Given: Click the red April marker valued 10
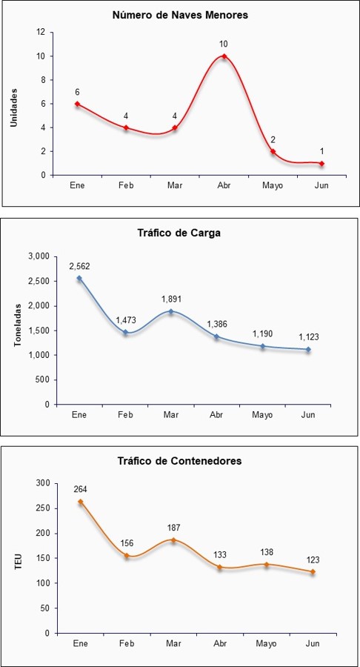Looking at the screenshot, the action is [224, 56].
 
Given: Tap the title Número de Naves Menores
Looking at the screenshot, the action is [180, 16].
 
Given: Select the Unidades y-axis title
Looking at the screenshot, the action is [14, 107].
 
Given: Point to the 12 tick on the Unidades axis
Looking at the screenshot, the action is [41, 33].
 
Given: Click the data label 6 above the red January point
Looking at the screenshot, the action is [77, 92].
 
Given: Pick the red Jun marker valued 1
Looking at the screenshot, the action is [321, 163].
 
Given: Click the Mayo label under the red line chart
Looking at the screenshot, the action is [273, 186].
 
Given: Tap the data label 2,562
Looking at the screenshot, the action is [79, 266].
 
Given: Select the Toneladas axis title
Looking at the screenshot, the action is [18, 331].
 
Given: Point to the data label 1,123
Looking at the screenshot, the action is [309, 337].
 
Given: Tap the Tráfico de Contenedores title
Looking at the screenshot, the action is [180, 461].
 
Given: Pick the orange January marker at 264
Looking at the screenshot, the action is [80, 502].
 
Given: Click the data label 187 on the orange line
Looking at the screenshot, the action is [173, 528].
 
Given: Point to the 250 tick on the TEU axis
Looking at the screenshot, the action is [44, 508].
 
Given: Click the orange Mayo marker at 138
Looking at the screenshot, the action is [267, 565].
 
